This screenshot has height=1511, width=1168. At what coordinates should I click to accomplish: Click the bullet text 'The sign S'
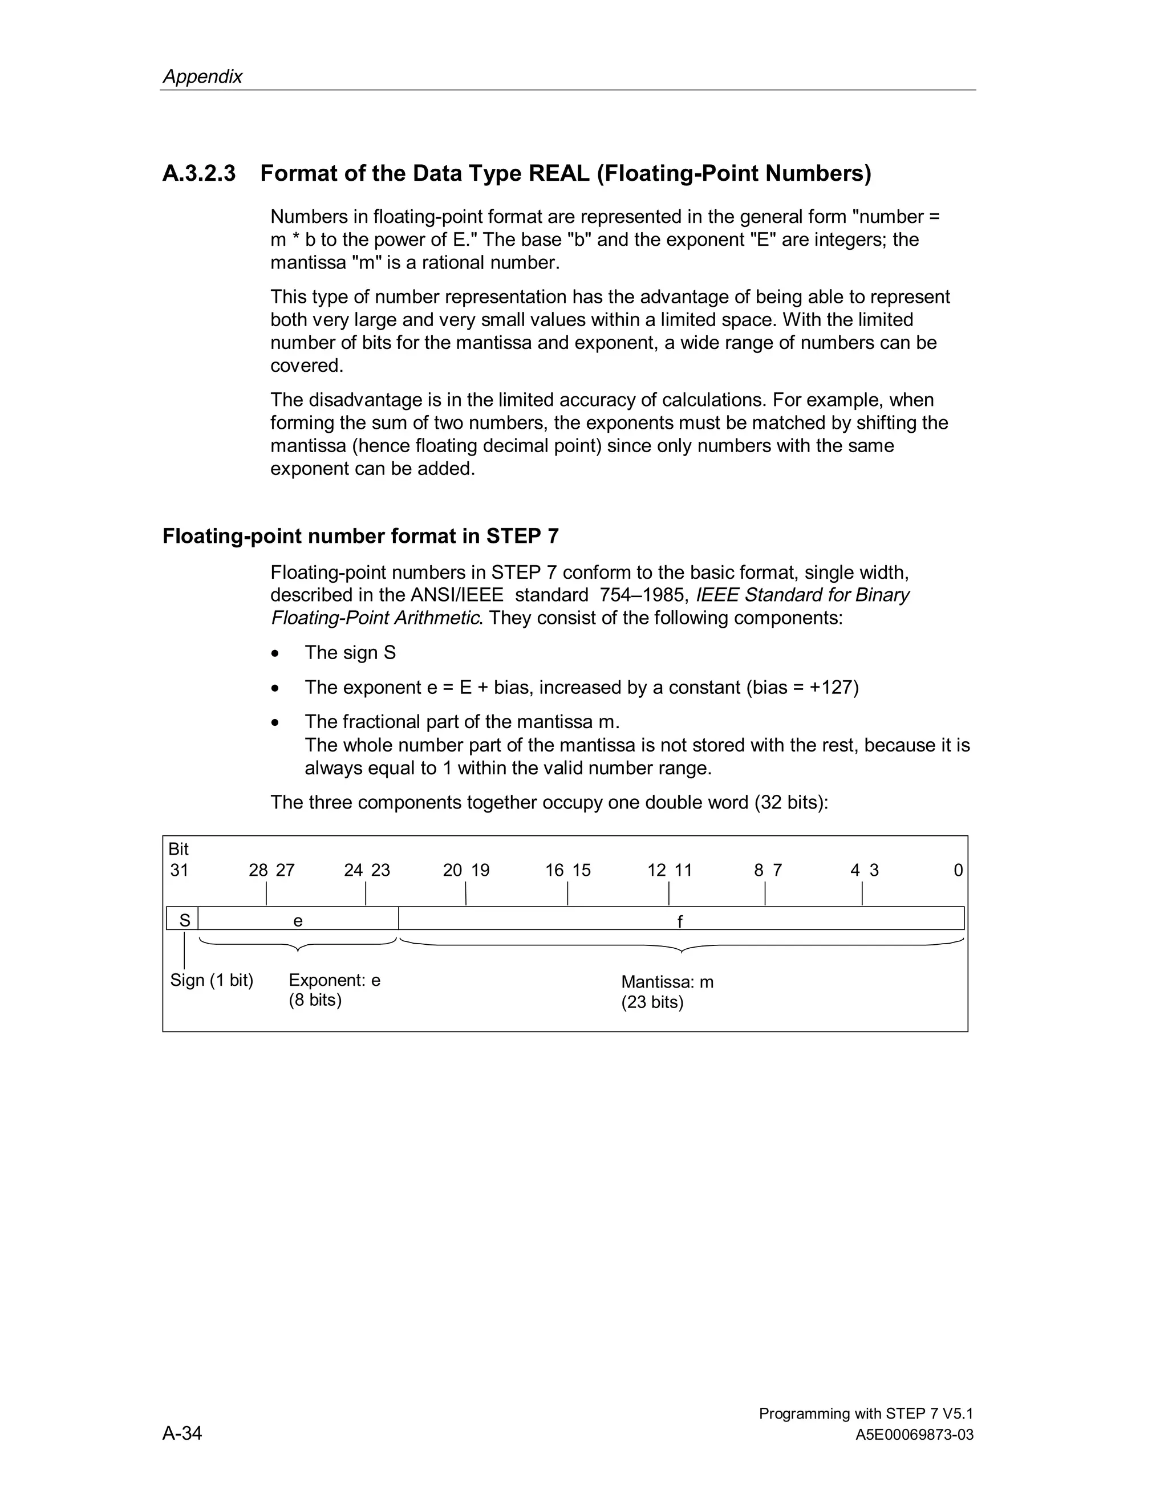(x=350, y=652)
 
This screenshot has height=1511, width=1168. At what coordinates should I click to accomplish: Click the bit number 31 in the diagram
(x=179, y=870)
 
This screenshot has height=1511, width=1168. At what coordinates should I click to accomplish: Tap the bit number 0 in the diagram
(x=958, y=870)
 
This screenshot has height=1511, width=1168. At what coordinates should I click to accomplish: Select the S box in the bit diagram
(x=184, y=920)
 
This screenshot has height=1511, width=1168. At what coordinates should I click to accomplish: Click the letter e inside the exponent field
(x=298, y=921)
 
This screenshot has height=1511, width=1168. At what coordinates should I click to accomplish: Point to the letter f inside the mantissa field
(x=680, y=921)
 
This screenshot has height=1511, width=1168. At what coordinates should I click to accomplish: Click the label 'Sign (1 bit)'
(x=212, y=980)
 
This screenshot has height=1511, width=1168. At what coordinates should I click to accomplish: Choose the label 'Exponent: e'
(x=334, y=980)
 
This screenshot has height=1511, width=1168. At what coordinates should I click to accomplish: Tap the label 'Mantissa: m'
(x=667, y=982)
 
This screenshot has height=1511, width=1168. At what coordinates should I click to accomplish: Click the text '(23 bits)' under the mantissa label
(x=652, y=1002)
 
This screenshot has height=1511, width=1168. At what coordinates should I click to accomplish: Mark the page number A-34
(x=182, y=1433)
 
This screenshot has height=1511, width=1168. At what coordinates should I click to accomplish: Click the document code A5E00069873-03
(x=914, y=1435)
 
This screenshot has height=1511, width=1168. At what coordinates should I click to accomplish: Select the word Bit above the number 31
(x=179, y=849)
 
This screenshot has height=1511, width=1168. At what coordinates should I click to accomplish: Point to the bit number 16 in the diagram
(x=554, y=870)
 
